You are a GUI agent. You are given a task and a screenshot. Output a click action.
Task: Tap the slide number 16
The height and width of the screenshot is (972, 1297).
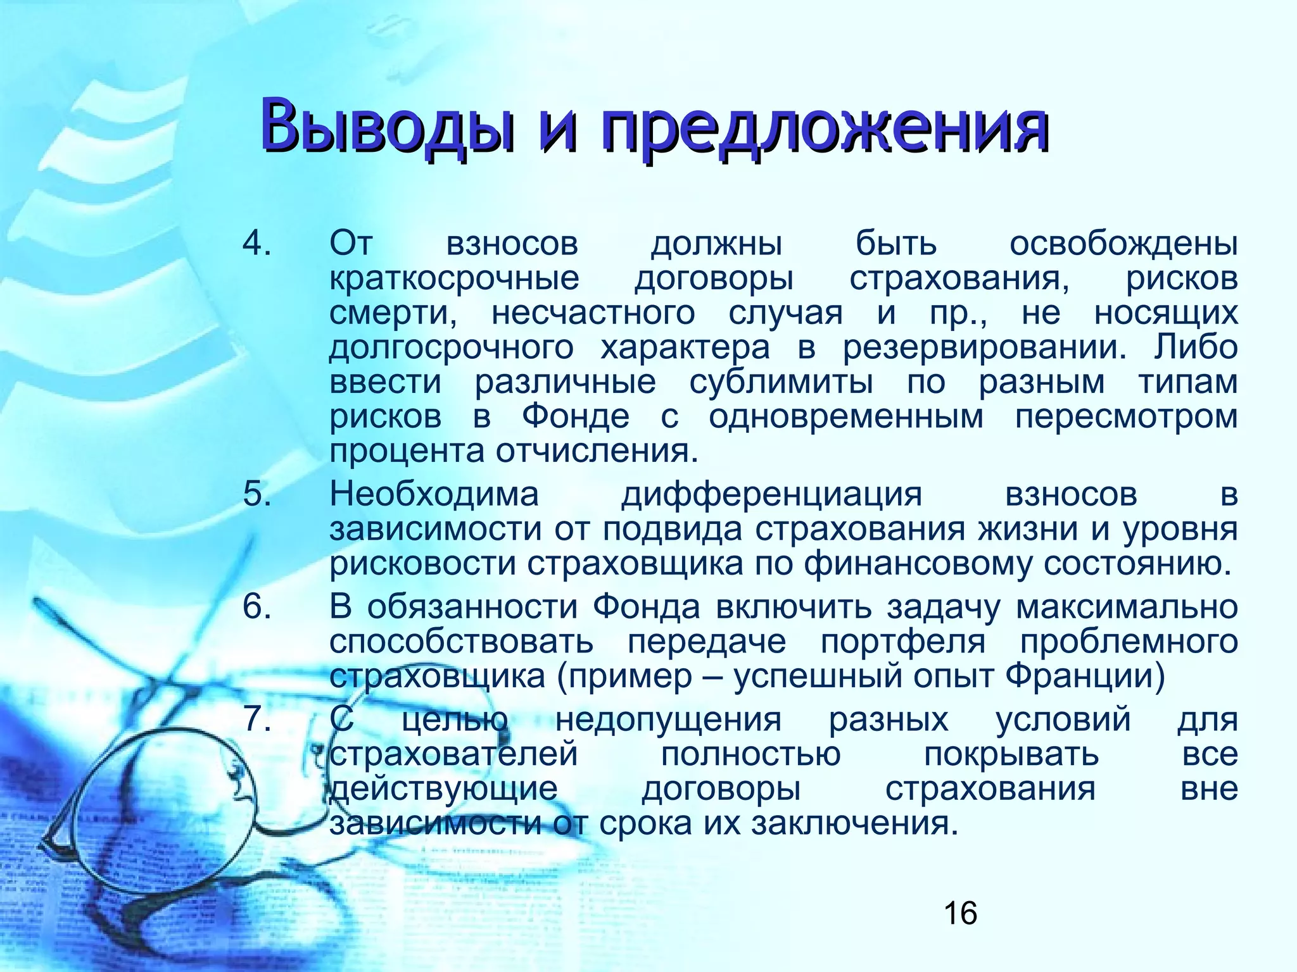click(960, 913)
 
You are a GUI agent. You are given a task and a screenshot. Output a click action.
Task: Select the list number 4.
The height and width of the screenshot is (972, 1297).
click(257, 244)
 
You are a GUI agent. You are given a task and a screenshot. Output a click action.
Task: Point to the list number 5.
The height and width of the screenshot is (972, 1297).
click(257, 494)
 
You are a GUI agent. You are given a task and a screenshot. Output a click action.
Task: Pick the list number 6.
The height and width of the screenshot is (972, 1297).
click(257, 607)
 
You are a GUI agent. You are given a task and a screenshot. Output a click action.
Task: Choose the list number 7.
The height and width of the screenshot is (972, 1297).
click(257, 720)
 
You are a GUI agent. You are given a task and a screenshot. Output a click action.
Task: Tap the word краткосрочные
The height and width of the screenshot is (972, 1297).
click(454, 278)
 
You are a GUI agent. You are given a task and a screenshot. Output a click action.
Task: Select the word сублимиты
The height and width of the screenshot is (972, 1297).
click(781, 382)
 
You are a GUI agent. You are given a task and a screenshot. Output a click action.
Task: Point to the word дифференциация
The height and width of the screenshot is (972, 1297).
click(771, 494)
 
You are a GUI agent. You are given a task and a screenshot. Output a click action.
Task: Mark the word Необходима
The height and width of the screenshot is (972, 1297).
click(434, 494)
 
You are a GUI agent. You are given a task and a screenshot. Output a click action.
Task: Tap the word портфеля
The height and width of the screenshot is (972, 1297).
click(903, 642)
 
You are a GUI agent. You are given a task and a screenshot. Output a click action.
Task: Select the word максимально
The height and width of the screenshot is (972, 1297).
click(1127, 607)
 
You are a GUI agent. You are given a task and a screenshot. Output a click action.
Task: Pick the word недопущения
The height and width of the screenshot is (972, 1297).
click(668, 720)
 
